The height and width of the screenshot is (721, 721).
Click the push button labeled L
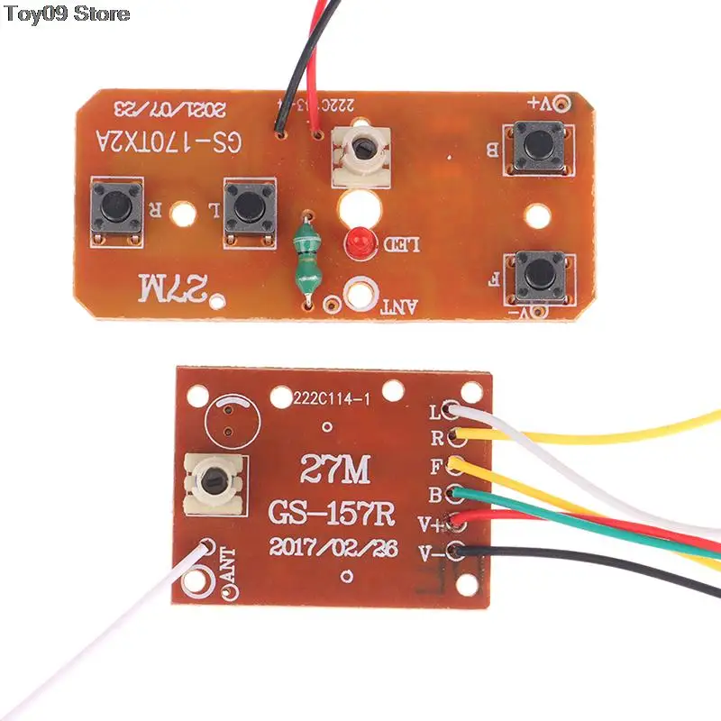pyautogui.click(x=245, y=206)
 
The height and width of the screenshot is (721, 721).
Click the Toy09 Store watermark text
pyautogui.click(x=68, y=14)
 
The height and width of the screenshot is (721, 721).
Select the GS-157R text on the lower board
pyautogui.click(x=331, y=515)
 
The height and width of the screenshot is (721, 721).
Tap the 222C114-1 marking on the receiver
pyautogui.click(x=330, y=397)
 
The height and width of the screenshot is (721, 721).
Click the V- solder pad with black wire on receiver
pyautogui.click(x=461, y=551)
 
